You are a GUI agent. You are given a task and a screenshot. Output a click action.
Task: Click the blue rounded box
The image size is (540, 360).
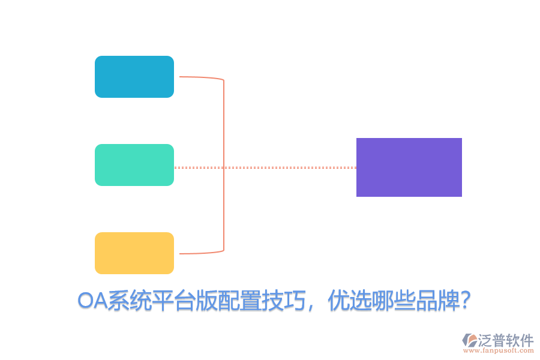tap(134, 77)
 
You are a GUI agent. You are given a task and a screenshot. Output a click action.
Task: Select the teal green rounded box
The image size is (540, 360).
tap(134, 165)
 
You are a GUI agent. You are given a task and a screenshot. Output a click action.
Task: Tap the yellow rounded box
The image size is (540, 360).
tap(134, 253)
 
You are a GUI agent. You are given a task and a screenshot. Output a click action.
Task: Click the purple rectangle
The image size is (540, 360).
tap(409, 167)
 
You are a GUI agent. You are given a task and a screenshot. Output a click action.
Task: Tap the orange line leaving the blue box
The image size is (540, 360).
tap(198, 77)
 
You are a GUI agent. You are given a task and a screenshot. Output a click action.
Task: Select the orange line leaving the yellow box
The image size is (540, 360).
tap(198, 253)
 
